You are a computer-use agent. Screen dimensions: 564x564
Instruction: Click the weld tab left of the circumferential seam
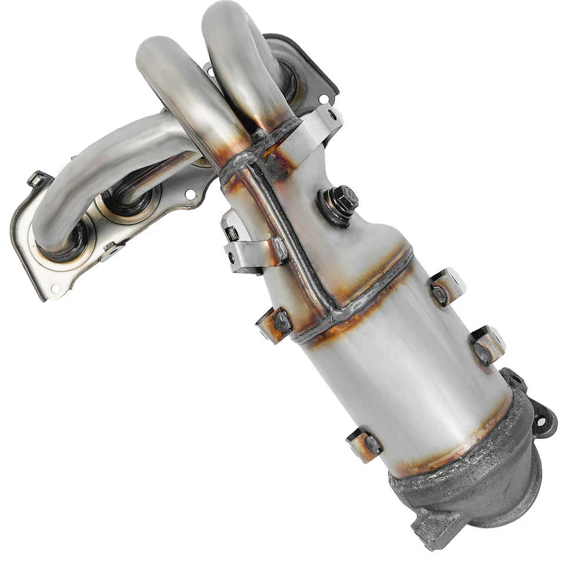pyautogui.click(x=274, y=324)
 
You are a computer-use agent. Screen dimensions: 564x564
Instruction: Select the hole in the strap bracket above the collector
pyautogui.click(x=333, y=115)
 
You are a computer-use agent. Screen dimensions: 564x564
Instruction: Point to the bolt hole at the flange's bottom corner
pyautogui.click(x=56, y=288)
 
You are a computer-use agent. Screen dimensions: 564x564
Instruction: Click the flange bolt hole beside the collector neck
pyautogui.click(x=190, y=194)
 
